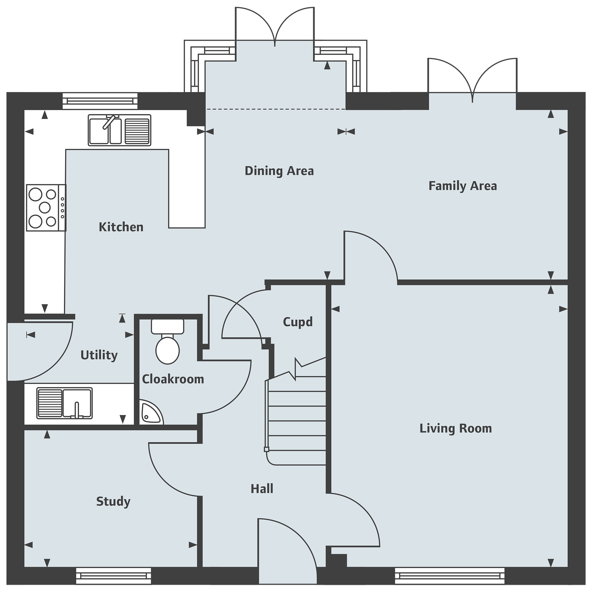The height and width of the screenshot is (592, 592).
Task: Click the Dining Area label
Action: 279,171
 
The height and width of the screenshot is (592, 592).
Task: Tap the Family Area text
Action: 463,186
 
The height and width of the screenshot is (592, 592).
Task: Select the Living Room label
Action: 456,428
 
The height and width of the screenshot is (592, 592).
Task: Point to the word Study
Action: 113,502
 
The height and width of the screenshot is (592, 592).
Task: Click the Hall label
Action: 262,489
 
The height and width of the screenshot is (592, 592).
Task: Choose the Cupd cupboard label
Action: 298,322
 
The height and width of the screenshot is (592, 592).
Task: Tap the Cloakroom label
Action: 173,379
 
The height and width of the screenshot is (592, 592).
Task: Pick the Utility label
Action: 99,355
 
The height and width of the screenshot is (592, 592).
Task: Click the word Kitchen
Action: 121,227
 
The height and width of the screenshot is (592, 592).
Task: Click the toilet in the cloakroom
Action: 168,341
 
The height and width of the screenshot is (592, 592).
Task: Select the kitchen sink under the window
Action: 120,130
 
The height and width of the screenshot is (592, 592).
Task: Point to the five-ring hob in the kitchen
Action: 46,208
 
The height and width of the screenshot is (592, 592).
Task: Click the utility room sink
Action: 64,403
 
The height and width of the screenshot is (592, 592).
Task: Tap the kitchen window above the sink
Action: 100,101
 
